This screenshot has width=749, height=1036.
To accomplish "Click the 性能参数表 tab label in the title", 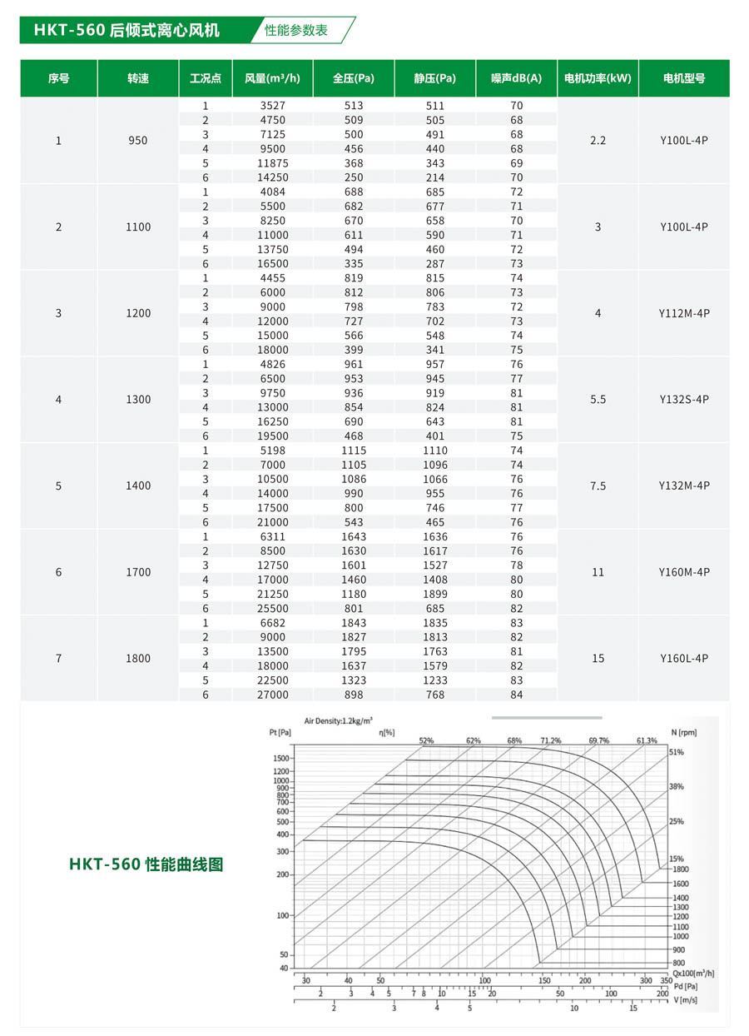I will (296, 30).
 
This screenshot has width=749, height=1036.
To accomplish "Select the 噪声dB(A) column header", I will (516, 78).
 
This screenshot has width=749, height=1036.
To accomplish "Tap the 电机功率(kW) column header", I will (598, 78).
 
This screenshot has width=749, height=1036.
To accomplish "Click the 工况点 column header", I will (205, 78).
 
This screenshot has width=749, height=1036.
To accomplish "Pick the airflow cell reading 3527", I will (272, 106).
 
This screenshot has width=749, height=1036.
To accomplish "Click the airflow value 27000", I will (272, 695).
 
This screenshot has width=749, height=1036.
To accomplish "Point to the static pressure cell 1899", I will (434, 594).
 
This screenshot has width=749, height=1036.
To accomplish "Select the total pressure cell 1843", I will (353, 623).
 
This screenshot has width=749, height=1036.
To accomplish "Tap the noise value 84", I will (516, 695).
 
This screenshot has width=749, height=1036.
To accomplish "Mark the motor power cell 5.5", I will (598, 399).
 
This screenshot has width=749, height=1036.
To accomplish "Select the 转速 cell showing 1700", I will (138, 572).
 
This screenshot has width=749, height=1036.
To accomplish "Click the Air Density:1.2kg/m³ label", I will (338, 720).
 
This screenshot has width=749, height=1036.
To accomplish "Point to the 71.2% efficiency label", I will (550, 740).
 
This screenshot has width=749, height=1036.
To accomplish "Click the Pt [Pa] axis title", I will (280, 732).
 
